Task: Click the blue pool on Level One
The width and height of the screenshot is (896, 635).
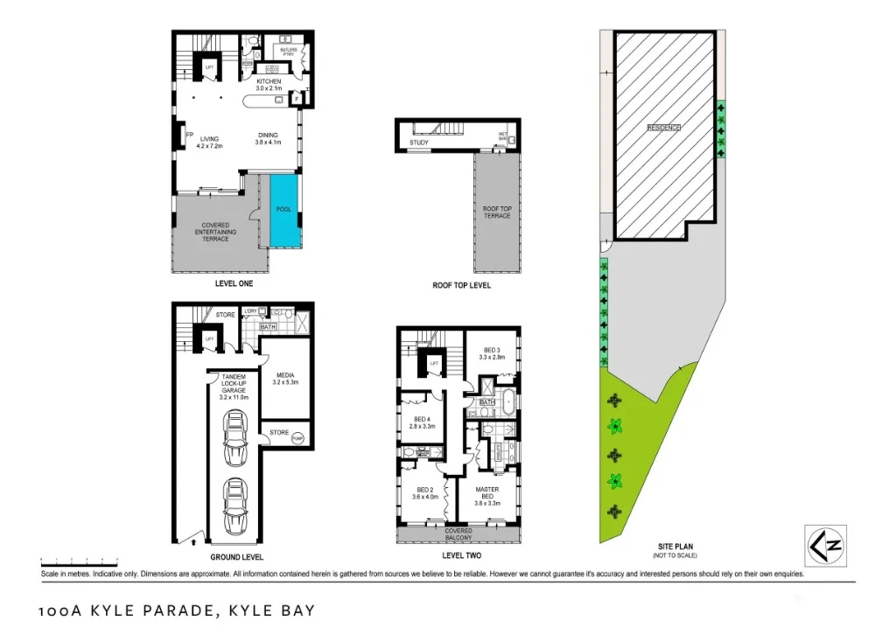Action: tap(283, 210)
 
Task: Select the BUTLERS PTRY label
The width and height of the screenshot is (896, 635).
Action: tap(289, 51)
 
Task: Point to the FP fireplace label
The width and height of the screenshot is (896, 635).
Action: tap(189, 134)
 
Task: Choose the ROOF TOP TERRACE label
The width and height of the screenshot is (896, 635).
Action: tap(497, 212)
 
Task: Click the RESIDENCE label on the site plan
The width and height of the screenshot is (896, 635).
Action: tap(663, 128)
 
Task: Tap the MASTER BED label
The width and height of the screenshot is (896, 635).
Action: tap(487, 494)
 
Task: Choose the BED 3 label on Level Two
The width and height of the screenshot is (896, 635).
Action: tap(491, 352)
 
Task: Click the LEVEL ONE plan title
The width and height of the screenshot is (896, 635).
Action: tap(237, 284)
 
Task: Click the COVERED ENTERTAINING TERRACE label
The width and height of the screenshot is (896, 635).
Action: tap(215, 232)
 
